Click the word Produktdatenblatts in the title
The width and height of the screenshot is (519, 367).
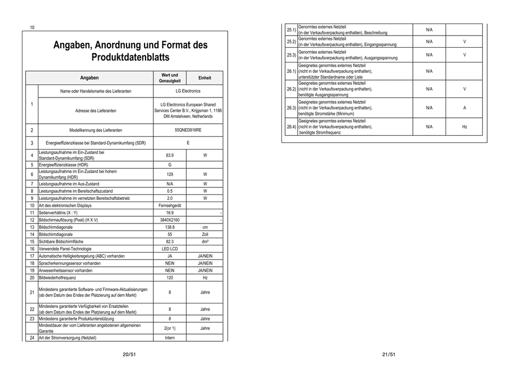tap(130, 57)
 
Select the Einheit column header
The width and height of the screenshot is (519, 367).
tap(205, 78)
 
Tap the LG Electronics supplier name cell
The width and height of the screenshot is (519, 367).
tap(188, 91)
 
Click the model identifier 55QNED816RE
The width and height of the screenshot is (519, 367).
tap(188, 130)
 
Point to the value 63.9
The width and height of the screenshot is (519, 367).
tap(170, 155)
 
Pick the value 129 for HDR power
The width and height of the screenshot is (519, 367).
tap(170, 174)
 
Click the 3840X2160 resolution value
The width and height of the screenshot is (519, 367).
tap(170, 220)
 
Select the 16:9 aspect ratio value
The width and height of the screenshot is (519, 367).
tap(170, 213)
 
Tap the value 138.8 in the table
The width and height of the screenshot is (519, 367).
tap(170, 227)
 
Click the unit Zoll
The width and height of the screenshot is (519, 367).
tap(205, 234)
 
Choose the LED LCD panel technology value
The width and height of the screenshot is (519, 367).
tap(170, 249)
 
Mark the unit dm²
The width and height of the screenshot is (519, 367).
tap(205, 241)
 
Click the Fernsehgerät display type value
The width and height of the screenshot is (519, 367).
tap(170, 205)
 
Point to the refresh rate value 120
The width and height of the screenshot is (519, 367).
tap(170, 278)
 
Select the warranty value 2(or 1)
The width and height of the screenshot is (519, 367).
tap(170, 328)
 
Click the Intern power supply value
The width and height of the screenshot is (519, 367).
tap(170, 338)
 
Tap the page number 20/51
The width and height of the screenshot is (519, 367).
tap(129, 355)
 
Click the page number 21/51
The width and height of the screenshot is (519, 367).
tap(388, 355)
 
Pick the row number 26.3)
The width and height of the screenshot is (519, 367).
tap(291, 108)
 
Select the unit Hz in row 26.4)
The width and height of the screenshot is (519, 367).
tap(464, 127)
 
